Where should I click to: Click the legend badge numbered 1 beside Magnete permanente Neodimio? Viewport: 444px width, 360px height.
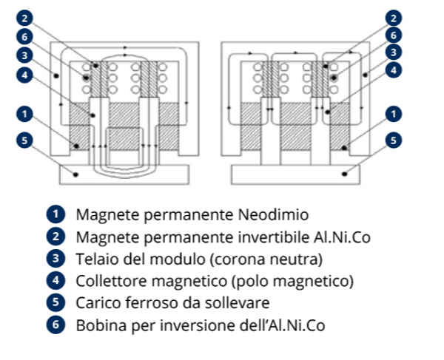tap(55, 214)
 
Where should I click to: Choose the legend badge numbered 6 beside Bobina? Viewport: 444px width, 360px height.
tap(55, 325)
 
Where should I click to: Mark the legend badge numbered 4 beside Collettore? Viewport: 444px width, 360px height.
tap(55, 281)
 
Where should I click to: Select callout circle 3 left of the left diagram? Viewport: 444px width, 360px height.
tap(25, 55)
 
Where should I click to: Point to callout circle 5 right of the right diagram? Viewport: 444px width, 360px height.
tap(394, 139)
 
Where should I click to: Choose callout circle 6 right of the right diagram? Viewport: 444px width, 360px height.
tap(394, 34)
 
